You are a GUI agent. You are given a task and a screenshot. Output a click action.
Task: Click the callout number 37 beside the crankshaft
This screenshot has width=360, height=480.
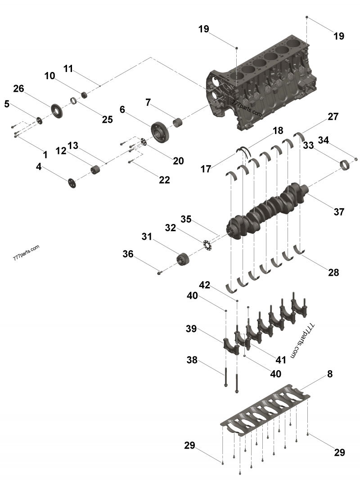click(339, 211)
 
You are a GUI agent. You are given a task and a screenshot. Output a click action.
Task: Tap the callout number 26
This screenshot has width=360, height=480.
click(18, 89)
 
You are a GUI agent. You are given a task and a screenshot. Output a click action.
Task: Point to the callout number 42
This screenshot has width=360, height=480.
click(204, 285)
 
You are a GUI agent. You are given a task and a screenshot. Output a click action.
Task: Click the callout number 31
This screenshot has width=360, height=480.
click(147, 236)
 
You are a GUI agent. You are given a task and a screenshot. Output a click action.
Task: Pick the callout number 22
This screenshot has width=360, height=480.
click(164, 179)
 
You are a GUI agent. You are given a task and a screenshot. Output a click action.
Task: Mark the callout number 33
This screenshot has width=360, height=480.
click(308, 145)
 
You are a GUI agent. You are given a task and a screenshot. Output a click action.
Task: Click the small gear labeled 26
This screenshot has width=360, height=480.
click(55, 110)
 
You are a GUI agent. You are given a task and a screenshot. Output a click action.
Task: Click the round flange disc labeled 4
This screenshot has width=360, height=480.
click(72, 183)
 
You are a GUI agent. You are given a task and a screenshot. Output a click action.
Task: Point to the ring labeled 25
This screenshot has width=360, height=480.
click(73, 100)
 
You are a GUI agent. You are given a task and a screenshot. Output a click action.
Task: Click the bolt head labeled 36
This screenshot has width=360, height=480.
click(159, 272)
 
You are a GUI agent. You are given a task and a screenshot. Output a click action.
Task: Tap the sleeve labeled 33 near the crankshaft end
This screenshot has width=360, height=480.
click(345, 165)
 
